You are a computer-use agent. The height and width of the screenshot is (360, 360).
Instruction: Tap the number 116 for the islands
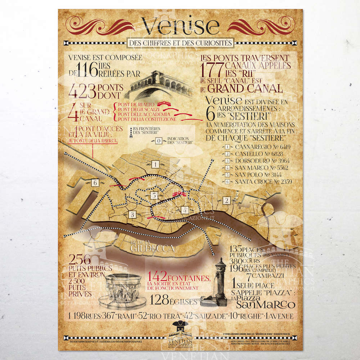point(87,69)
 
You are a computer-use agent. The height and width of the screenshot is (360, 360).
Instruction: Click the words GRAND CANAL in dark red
point(246,89)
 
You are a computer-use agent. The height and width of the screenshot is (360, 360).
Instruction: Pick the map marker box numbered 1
point(156,165)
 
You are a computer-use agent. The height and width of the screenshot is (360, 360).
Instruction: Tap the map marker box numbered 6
point(95,183)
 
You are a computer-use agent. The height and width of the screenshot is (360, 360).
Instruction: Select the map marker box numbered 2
point(226,201)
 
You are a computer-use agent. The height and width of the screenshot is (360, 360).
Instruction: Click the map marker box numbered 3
point(132,215)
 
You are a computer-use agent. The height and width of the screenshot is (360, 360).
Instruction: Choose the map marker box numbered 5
point(154,195)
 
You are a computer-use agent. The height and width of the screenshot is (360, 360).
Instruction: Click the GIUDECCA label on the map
point(153,248)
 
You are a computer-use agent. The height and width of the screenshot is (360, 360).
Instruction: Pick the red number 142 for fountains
point(157,276)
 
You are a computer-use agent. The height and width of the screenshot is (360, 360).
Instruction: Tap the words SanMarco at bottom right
point(266,305)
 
